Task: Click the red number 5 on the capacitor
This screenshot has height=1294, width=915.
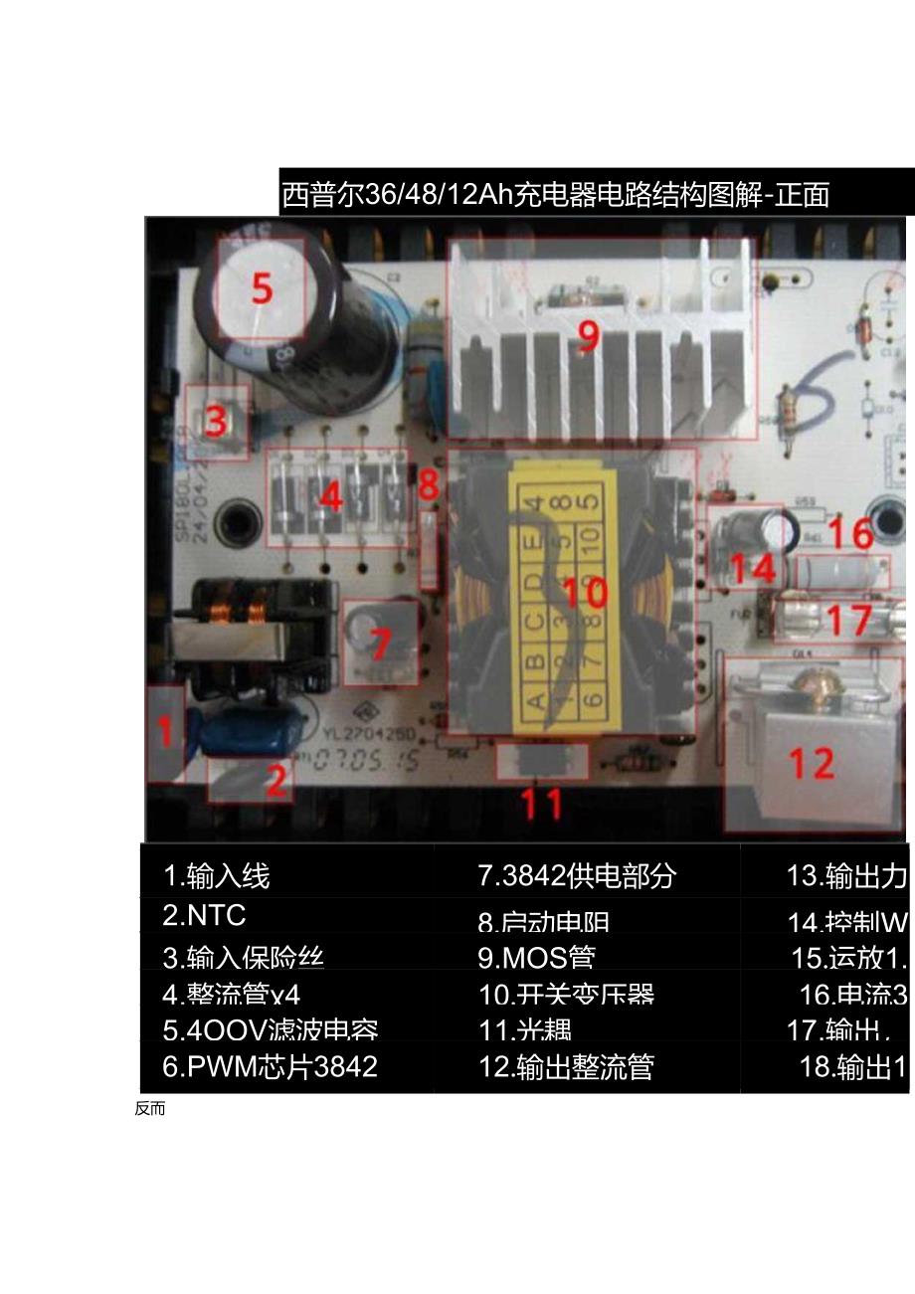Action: pyautogui.click(x=261, y=288)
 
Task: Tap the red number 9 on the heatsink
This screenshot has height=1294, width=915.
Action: pyautogui.click(x=589, y=336)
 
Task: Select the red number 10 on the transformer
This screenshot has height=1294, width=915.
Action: pyautogui.click(x=585, y=593)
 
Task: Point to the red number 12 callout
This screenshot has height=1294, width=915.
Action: pyautogui.click(x=811, y=764)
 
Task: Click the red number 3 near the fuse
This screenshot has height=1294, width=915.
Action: pyautogui.click(x=215, y=421)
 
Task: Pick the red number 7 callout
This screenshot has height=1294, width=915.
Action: pyautogui.click(x=380, y=645)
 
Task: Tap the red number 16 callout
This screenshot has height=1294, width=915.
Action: pyautogui.click(x=850, y=534)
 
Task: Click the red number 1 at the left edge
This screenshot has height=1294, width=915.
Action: pyautogui.click(x=166, y=733)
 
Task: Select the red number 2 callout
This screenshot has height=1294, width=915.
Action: pyautogui.click(x=275, y=779)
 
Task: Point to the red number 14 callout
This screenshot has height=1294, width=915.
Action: pyautogui.click(x=753, y=569)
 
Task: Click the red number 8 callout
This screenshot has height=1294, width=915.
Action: pyautogui.click(x=428, y=485)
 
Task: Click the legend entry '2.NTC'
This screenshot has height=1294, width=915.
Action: pyautogui.click(x=204, y=914)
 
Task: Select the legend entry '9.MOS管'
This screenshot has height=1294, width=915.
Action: pyautogui.click(x=536, y=957)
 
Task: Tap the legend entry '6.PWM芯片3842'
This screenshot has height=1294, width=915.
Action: pyautogui.click(x=271, y=1066)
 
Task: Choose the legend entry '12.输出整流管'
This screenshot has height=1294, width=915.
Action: pyautogui.click(x=566, y=1066)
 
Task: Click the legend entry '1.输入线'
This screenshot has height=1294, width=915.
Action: pyautogui.click(x=217, y=875)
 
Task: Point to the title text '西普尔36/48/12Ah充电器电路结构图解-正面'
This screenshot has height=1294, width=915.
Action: pyautogui.click(x=555, y=194)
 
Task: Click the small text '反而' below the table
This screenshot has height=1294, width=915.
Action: pyautogui.click(x=150, y=1109)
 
